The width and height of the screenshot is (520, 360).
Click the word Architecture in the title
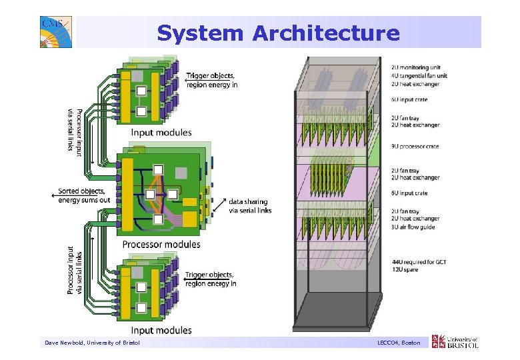[326, 33]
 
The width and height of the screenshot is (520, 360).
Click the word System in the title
[201, 33]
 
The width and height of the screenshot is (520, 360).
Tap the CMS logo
[55, 32]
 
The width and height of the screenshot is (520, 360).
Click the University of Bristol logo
[455, 342]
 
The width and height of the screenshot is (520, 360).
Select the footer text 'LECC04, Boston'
[398, 343]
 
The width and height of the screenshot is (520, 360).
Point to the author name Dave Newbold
[65, 343]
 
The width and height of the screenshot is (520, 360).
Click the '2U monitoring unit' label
[415, 68]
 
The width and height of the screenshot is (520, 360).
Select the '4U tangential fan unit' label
[419, 75]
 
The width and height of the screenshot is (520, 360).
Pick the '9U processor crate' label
[415, 147]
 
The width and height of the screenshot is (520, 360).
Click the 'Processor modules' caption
[161, 245]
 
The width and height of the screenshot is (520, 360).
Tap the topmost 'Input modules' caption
[161, 133]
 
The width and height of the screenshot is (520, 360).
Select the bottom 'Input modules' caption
[161, 330]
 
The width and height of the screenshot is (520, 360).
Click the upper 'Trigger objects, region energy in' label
[211, 80]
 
